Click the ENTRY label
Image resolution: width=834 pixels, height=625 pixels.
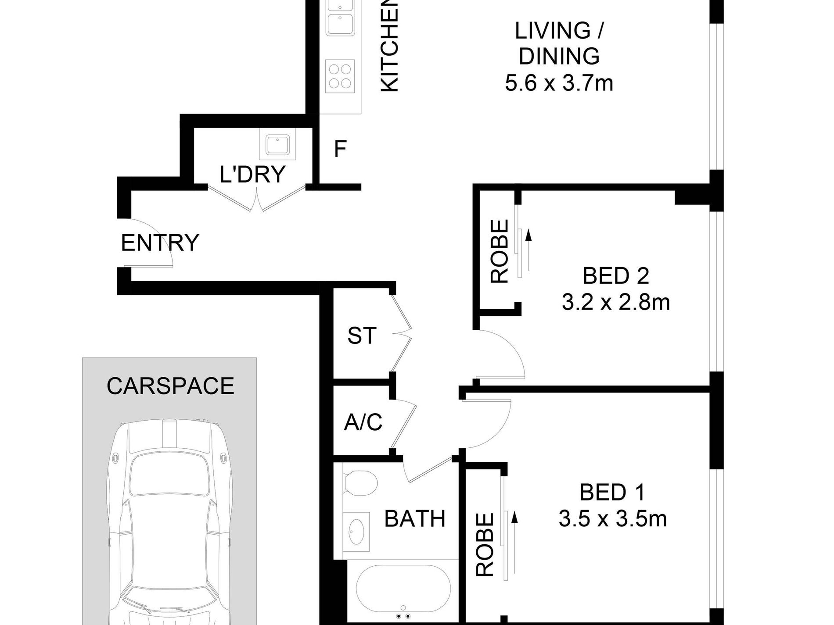tap(160, 243)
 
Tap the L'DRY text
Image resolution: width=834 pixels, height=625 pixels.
tap(253, 174)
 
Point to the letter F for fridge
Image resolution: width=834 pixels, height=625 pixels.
tap(340, 149)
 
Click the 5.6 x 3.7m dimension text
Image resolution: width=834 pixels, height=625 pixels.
tap(559, 83)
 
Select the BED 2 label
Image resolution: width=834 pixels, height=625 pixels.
tap(615, 276)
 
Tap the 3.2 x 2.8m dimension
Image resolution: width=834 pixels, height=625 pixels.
tap(615, 302)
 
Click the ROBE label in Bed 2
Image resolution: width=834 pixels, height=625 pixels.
tap(500, 251)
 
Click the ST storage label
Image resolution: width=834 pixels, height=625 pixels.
tap(362, 336)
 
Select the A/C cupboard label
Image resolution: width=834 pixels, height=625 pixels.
tap(363, 423)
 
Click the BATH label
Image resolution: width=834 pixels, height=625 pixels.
tap(415, 519)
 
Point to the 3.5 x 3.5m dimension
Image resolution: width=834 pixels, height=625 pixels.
tap(612, 519)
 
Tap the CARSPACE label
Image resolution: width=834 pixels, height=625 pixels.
tap(170, 386)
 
